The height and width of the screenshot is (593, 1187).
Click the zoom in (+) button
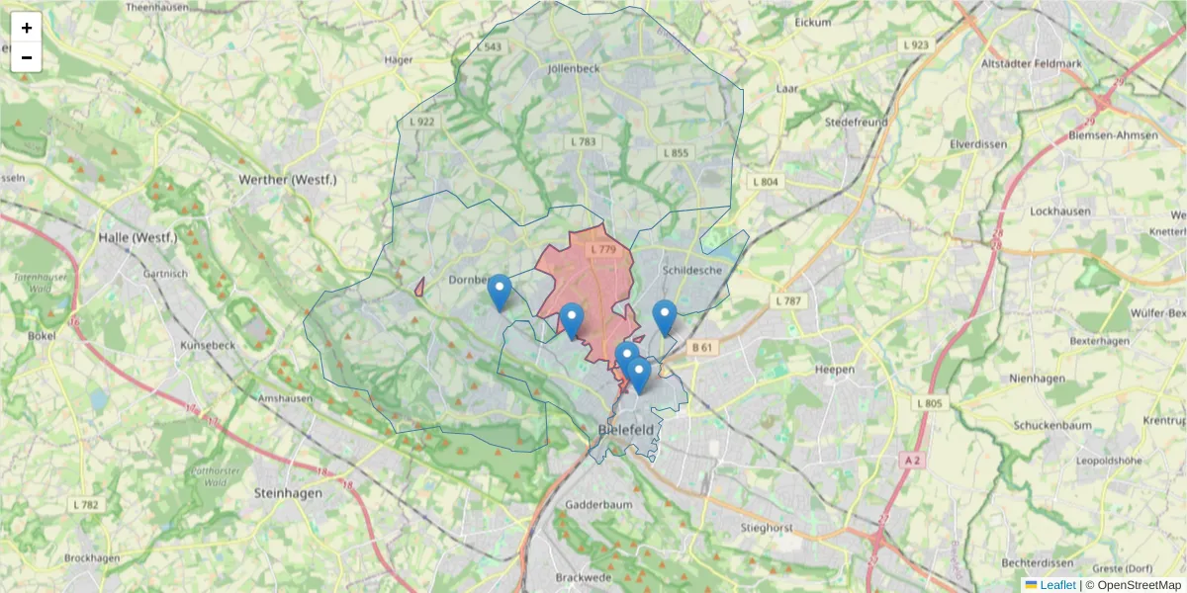tap(27, 28)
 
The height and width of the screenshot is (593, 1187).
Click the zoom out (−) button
tap(27, 57)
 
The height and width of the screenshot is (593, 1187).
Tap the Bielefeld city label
tap(626, 430)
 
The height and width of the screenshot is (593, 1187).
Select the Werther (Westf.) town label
tap(288, 180)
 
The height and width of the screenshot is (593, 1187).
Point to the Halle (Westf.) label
tap(137, 238)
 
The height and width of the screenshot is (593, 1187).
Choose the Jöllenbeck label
tap(574, 69)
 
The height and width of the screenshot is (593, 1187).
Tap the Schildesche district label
tap(692, 270)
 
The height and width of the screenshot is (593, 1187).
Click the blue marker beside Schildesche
tap(664, 317)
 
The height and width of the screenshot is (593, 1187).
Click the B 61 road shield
tap(702, 347)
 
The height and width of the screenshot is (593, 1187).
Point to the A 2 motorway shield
tap(911, 460)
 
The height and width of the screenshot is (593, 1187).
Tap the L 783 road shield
tap(584, 142)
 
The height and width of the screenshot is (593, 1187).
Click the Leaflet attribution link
tap(1056, 585)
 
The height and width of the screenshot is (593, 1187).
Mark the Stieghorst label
tap(767, 529)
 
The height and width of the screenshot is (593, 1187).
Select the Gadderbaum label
tap(597, 504)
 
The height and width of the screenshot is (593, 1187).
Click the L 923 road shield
tap(916, 45)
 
